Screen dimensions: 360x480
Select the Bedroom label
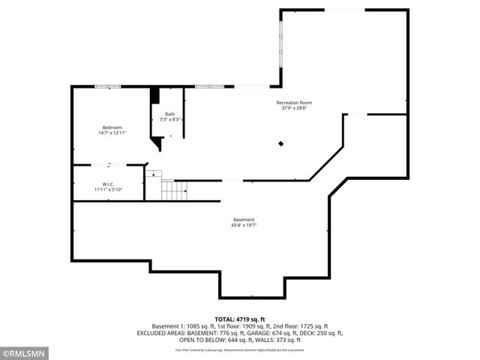click(x=112, y=127)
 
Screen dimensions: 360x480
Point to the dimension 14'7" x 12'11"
click(x=112, y=133)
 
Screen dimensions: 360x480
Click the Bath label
click(x=170, y=114)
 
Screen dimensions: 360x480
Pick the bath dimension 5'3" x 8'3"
click(x=170, y=119)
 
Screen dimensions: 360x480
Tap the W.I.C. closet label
click(x=108, y=184)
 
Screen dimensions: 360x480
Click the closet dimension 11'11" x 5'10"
click(x=108, y=190)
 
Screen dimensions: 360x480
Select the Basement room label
click(x=244, y=220)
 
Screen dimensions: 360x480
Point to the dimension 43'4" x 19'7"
click(x=244, y=225)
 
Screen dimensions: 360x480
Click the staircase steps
click(x=174, y=190)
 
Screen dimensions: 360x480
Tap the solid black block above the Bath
click(x=155, y=96)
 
